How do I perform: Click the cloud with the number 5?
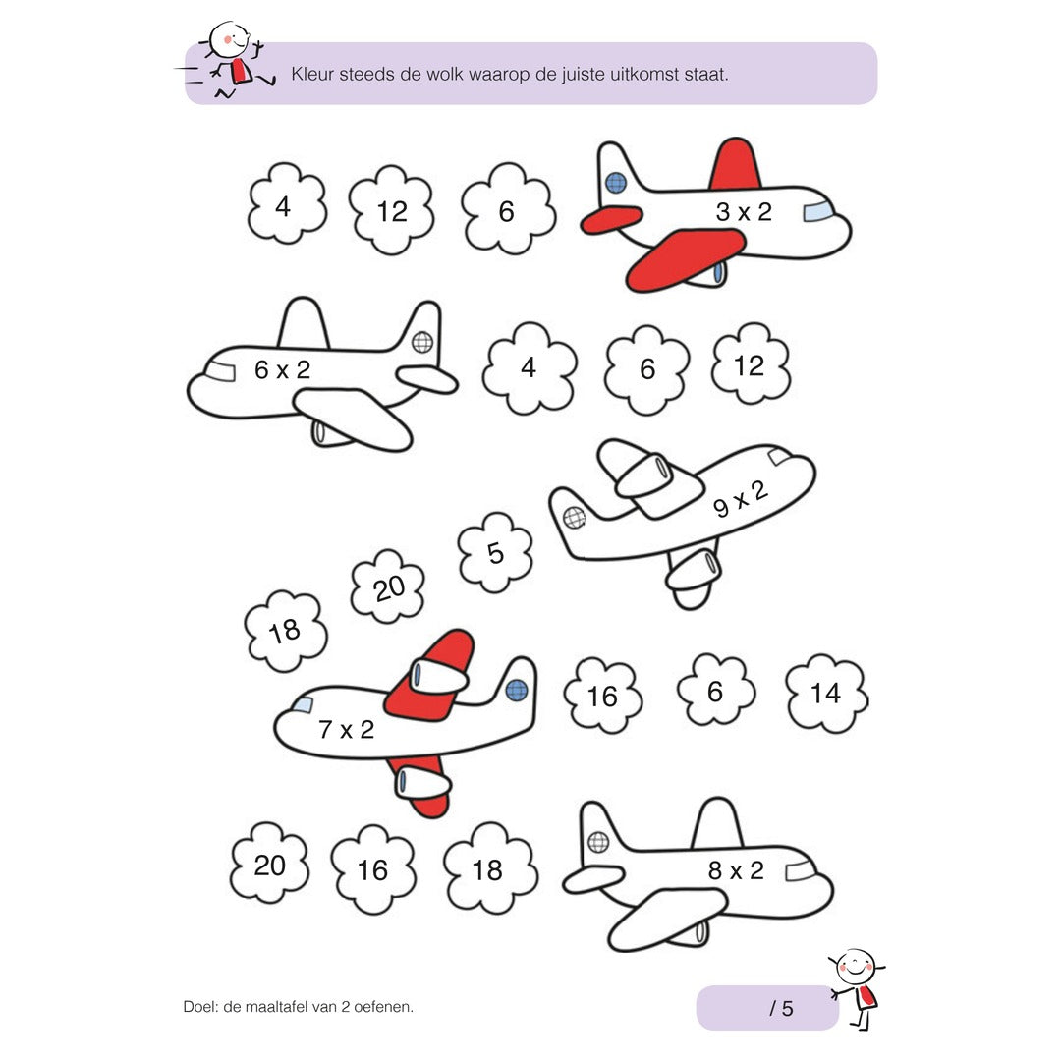point(494,552)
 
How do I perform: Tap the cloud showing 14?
point(826,693)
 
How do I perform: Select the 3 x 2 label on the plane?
point(744,212)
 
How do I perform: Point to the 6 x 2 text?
point(282,369)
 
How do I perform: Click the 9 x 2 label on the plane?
point(741,499)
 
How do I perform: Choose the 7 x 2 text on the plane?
point(346,729)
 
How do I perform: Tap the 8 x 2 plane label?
point(736,870)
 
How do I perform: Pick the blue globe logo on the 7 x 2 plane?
point(517,691)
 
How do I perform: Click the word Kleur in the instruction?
point(312,74)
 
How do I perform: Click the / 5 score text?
point(781,1008)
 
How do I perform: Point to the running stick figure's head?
point(229,40)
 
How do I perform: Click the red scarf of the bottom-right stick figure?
point(865,997)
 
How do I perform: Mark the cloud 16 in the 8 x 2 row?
point(373,869)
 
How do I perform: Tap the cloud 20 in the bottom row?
point(269,865)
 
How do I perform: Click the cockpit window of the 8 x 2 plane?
point(801,871)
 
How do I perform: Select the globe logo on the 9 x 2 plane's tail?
point(574,518)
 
